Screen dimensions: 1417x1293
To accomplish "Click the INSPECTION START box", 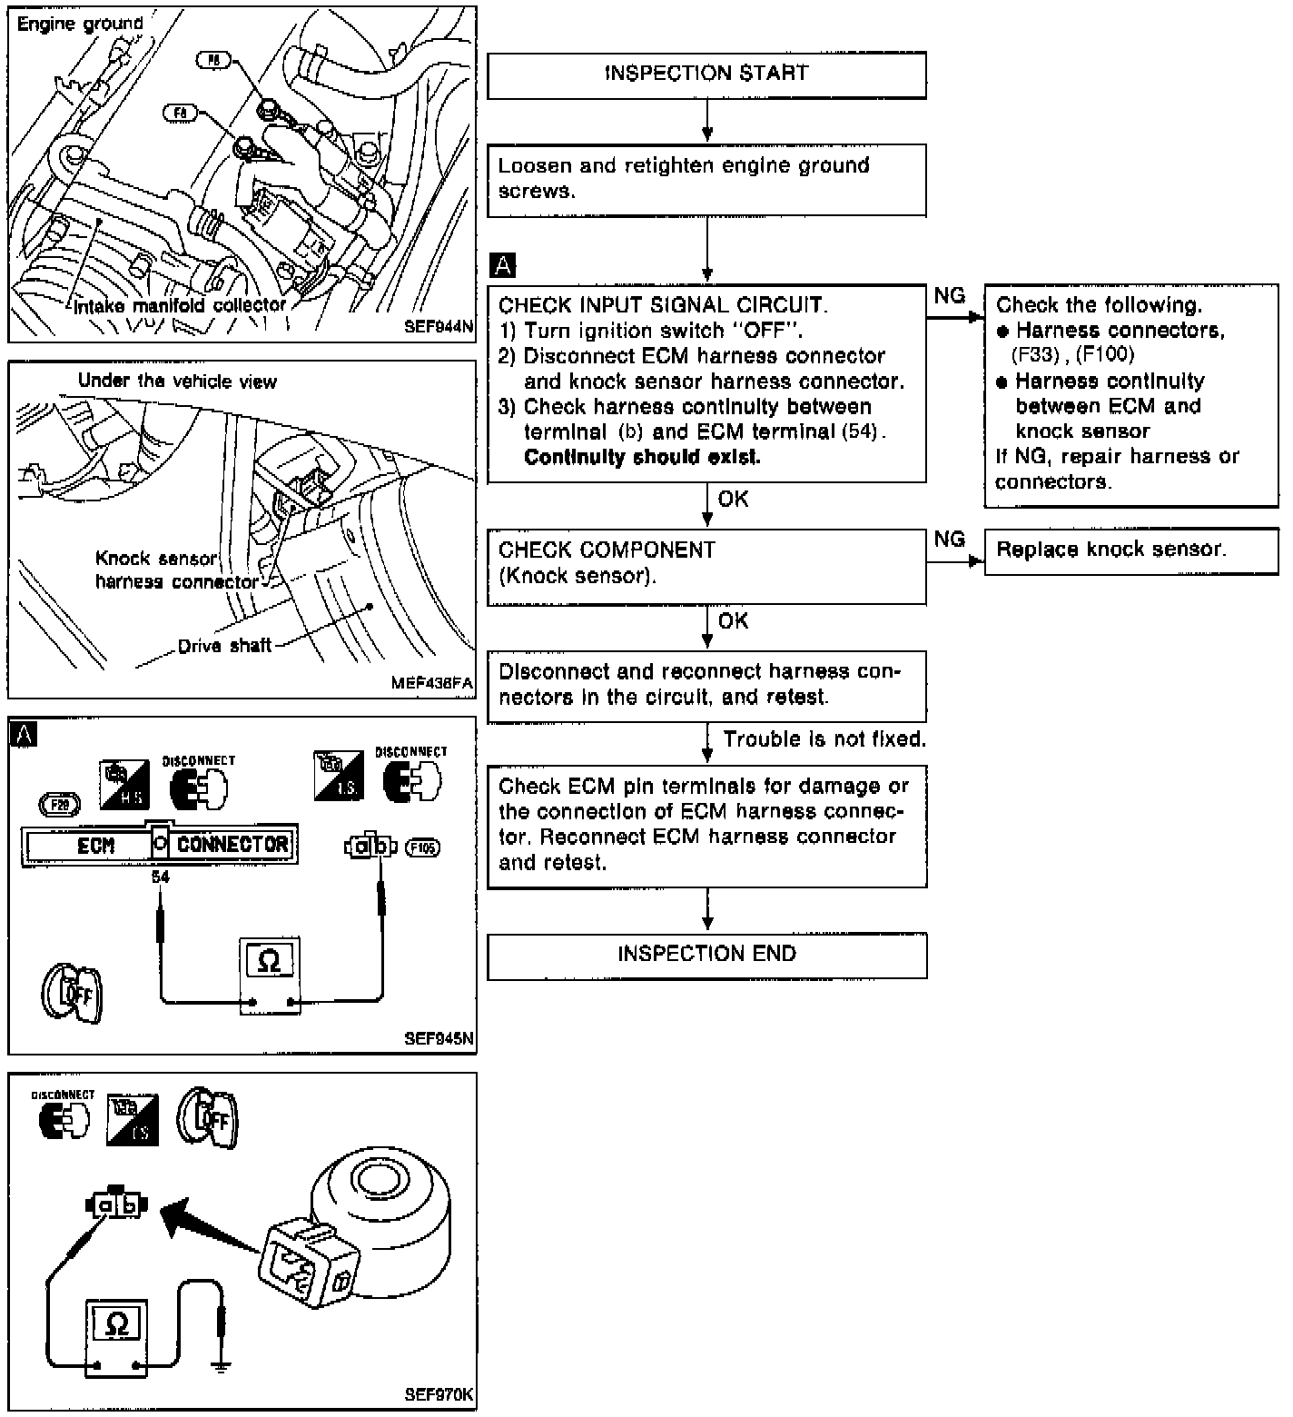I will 706,74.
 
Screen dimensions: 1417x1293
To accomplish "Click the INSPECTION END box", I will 706,956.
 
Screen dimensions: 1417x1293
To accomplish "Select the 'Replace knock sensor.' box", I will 1130,550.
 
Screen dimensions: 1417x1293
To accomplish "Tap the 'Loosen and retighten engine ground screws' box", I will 706,179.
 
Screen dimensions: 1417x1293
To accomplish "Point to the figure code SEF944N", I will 439,328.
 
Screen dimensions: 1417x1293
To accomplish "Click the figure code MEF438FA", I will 432,684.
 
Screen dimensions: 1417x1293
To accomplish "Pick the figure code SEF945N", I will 439,1039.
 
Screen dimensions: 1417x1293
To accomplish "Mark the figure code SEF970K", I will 439,1395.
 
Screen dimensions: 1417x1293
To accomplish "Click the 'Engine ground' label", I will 80,25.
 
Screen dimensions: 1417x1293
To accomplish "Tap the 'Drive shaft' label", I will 224,647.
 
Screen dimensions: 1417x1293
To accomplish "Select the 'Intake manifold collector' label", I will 180,306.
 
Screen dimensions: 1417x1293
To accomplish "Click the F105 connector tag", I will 422,847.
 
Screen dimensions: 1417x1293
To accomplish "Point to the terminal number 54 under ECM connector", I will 161,877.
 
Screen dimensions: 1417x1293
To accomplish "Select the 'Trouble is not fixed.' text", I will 824,740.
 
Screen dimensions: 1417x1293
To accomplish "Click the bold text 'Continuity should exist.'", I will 642,458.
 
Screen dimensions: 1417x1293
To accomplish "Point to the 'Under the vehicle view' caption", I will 177,381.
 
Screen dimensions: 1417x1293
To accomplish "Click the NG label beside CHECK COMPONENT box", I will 950,540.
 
